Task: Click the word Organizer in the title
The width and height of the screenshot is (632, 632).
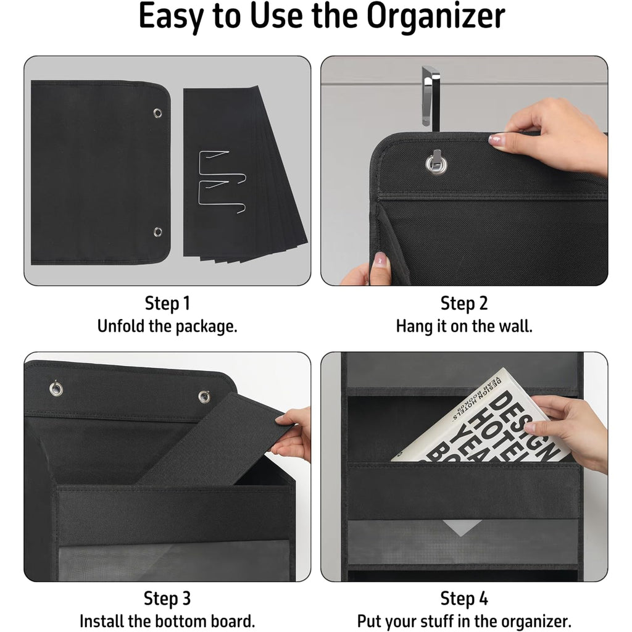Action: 436,17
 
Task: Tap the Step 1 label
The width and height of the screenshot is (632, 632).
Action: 167,304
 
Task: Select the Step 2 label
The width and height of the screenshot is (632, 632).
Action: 464,304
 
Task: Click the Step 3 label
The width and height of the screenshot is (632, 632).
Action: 167,599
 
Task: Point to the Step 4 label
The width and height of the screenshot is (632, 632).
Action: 464,599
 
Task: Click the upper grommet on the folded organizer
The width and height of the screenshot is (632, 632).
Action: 157,114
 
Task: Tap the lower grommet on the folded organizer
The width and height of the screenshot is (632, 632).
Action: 157,232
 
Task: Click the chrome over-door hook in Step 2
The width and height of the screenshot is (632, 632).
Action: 430,97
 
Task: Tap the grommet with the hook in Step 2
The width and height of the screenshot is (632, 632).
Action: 436,164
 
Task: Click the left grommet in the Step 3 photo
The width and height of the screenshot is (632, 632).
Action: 56,389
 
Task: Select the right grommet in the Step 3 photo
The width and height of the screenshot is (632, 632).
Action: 204,397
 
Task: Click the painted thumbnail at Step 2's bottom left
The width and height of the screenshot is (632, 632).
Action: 380,260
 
